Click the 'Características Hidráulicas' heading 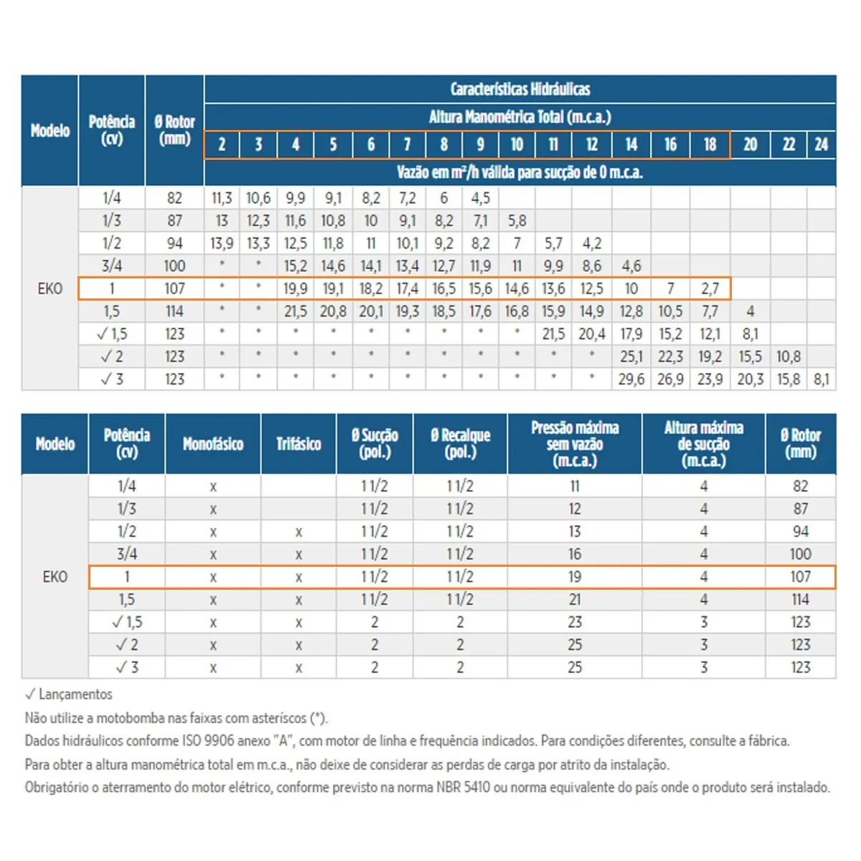tap(519, 90)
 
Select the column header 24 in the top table tap(821, 145)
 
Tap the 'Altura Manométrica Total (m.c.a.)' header tap(519, 117)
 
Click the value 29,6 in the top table tap(631, 380)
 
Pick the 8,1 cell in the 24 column tap(822, 380)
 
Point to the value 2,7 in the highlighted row tap(710, 288)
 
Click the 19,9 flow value tap(296, 288)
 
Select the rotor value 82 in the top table tap(174, 198)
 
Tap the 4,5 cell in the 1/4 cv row tap(480, 198)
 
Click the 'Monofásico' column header tap(212, 444)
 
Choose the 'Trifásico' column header tap(298, 444)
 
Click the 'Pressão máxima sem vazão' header tap(575, 436)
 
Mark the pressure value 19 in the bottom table tap(575, 577)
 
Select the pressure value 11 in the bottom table tap(575, 486)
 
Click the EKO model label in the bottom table tap(55, 577)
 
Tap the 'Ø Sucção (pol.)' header tap(375, 444)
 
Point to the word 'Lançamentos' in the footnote tap(75, 695)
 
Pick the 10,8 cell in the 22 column tap(789, 357)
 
